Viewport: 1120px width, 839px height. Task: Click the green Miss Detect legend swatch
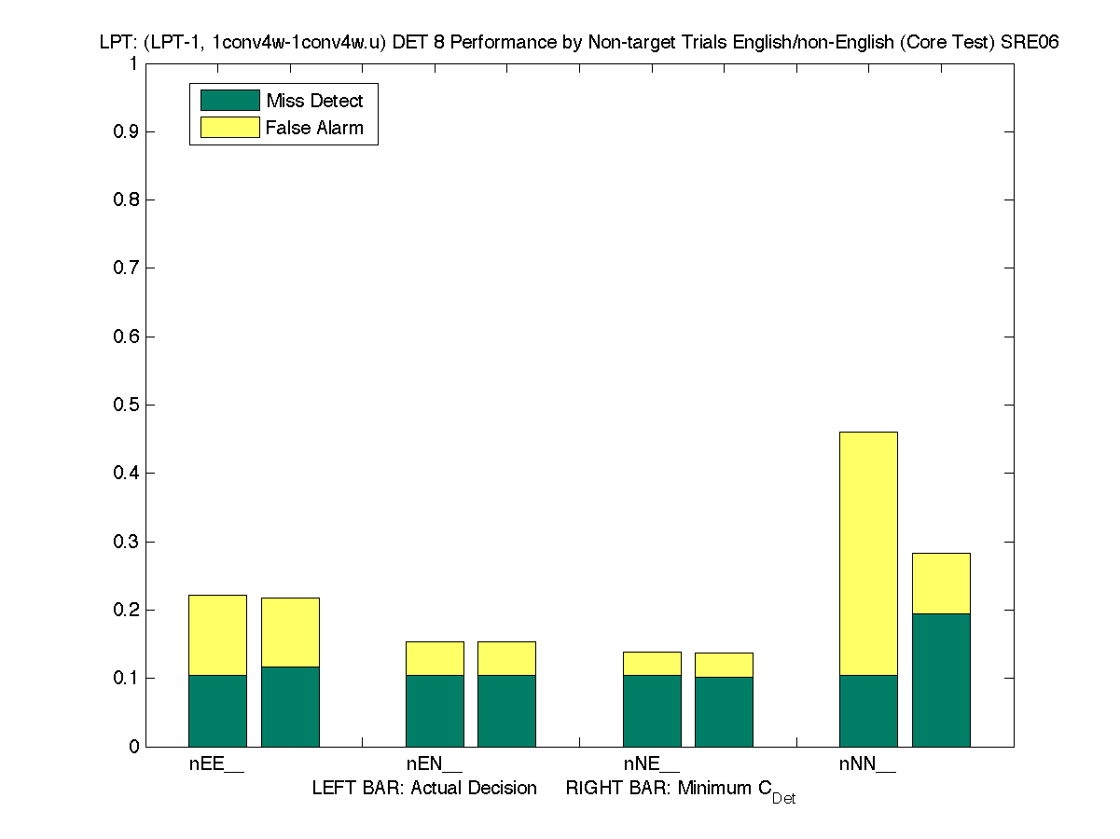[x=229, y=101]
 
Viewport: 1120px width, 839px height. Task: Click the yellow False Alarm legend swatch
[x=229, y=128]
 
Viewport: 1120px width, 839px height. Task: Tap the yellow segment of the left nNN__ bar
[x=868, y=553]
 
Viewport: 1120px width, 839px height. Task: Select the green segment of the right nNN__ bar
[x=941, y=680]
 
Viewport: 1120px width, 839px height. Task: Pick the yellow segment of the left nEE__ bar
[x=217, y=635]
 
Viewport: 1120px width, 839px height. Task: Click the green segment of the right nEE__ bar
[x=290, y=707]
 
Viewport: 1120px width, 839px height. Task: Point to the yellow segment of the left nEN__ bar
[x=435, y=658]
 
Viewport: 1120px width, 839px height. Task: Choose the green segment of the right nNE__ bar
[x=724, y=711]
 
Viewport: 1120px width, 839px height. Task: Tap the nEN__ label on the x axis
[x=434, y=765]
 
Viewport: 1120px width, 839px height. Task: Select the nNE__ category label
[x=651, y=765]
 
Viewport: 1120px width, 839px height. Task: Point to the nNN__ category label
[x=867, y=765]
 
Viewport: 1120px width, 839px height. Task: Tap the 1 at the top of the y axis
[x=133, y=63]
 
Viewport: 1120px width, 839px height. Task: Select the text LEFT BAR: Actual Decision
[x=424, y=789]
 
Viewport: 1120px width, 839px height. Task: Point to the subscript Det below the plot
[x=783, y=799]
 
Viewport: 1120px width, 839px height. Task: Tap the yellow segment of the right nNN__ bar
[x=941, y=583]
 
